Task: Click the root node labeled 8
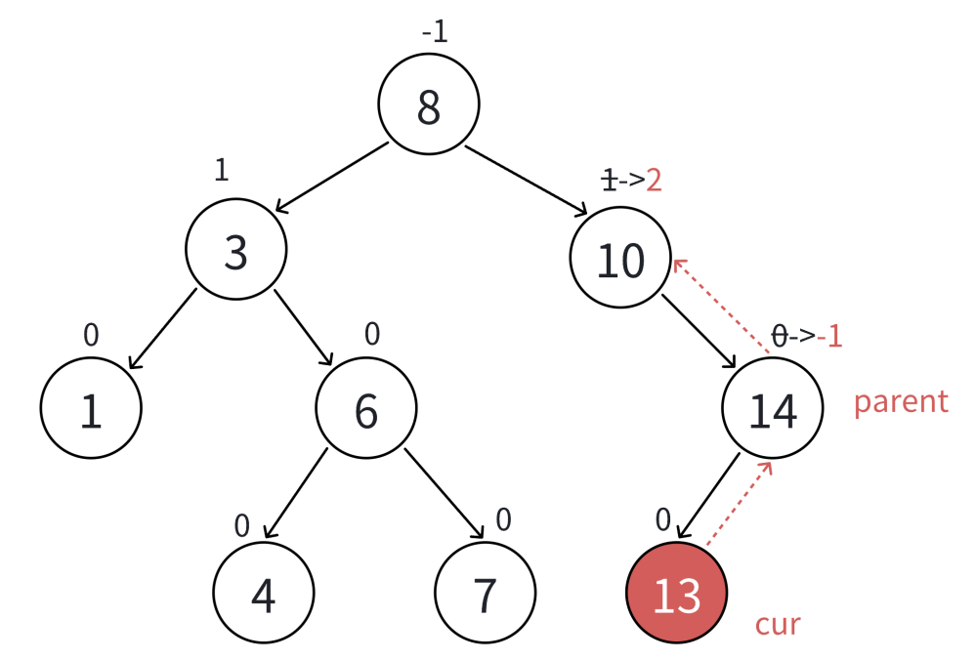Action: point(429,105)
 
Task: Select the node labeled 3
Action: point(236,250)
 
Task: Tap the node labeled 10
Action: point(621,259)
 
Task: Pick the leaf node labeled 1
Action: point(91,410)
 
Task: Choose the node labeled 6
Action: point(365,410)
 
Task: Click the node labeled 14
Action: point(773,410)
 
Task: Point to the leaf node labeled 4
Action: point(264,594)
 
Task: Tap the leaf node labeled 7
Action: point(486,594)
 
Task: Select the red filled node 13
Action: point(676,594)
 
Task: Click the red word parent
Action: point(901,401)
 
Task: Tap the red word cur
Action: point(779,623)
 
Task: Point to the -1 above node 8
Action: point(434,32)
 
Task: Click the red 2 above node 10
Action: point(654,180)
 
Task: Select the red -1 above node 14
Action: point(829,337)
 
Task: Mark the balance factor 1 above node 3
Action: point(221,170)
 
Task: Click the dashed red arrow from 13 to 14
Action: point(740,503)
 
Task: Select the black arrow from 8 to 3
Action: point(332,177)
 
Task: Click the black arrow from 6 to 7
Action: point(445,494)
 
